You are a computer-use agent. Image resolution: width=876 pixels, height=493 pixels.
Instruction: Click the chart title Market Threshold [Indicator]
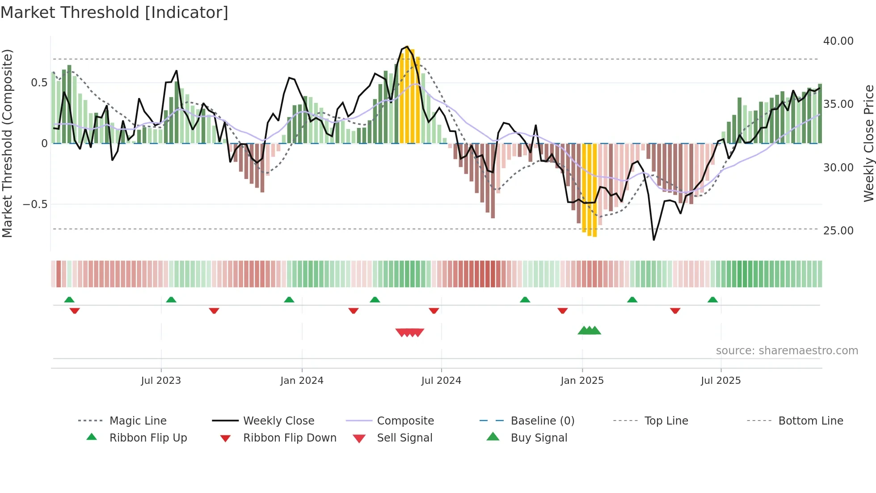(x=114, y=13)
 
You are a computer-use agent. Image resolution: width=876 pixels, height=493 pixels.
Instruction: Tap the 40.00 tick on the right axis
(x=838, y=41)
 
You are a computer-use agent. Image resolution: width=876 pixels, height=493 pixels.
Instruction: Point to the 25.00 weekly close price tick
(x=838, y=231)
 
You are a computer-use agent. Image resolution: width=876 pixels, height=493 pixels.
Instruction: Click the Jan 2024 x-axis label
(x=302, y=381)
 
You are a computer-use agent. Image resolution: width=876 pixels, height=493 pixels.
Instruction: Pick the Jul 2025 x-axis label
(x=720, y=381)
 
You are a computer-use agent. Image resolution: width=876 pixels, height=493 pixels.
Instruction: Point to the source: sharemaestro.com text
(x=787, y=351)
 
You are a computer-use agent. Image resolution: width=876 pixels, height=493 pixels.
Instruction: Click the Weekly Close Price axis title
(x=868, y=143)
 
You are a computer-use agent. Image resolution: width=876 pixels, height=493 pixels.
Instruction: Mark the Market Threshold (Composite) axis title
(x=7, y=143)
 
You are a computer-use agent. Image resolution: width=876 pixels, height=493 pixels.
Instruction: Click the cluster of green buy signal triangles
(x=589, y=331)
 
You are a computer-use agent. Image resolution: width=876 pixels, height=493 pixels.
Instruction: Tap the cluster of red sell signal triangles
(x=409, y=332)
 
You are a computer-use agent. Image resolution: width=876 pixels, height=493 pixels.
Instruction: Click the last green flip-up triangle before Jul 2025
(x=712, y=300)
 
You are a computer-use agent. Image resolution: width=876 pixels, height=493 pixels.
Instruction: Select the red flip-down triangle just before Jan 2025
(x=562, y=310)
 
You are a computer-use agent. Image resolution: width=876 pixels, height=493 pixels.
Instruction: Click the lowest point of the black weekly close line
(x=653, y=240)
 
